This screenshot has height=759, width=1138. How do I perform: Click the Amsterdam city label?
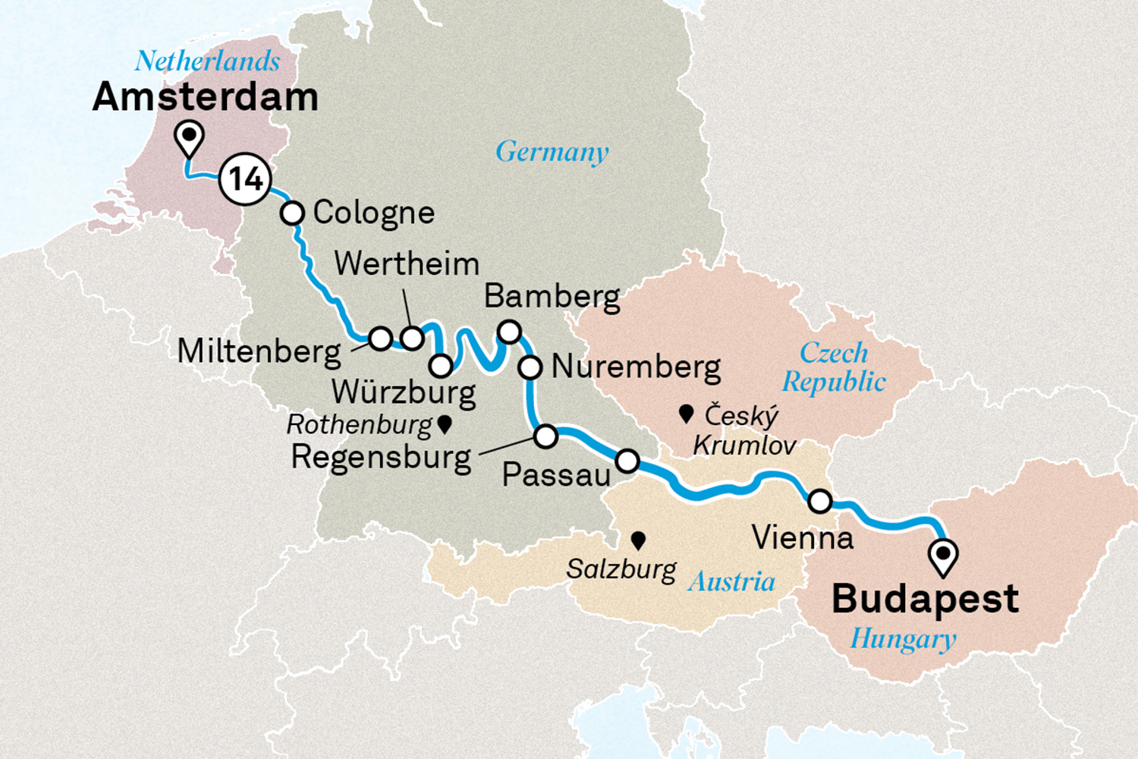[x=205, y=98]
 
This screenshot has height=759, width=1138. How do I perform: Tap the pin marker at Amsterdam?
[x=189, y=137]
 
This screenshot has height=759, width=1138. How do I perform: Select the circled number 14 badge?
[x=245, y=179]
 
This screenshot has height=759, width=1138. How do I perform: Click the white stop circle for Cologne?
[x=292, y=213]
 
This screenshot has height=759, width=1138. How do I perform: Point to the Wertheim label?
[x=407, y=264]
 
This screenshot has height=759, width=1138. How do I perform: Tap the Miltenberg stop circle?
[x=380, y=338]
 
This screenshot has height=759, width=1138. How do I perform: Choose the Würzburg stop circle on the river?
[x=441, y=366]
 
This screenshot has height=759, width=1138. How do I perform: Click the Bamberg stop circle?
[x=509, y=332]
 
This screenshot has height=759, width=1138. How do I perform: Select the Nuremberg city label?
[x=636, y=367]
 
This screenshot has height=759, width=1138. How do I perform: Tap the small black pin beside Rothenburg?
[x=445, y=424]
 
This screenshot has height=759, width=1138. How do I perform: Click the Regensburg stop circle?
[x=545, y=436]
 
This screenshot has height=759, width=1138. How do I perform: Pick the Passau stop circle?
[x=627, y=460]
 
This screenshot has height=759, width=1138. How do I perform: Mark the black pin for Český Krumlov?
[x=687, y=413]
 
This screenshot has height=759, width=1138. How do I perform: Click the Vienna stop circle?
[x=820, y=501]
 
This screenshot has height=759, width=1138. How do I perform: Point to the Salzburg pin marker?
[x=638, y=540]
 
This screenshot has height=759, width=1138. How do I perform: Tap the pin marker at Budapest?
[x=943, y=556]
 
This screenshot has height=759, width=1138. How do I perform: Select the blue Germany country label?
[x=552, y=153]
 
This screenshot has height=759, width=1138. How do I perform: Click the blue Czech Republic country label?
[x=834, y=367]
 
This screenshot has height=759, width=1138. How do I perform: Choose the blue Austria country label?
[x=731, y=582]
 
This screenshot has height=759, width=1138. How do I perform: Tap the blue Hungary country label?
[x=902, y=639]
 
